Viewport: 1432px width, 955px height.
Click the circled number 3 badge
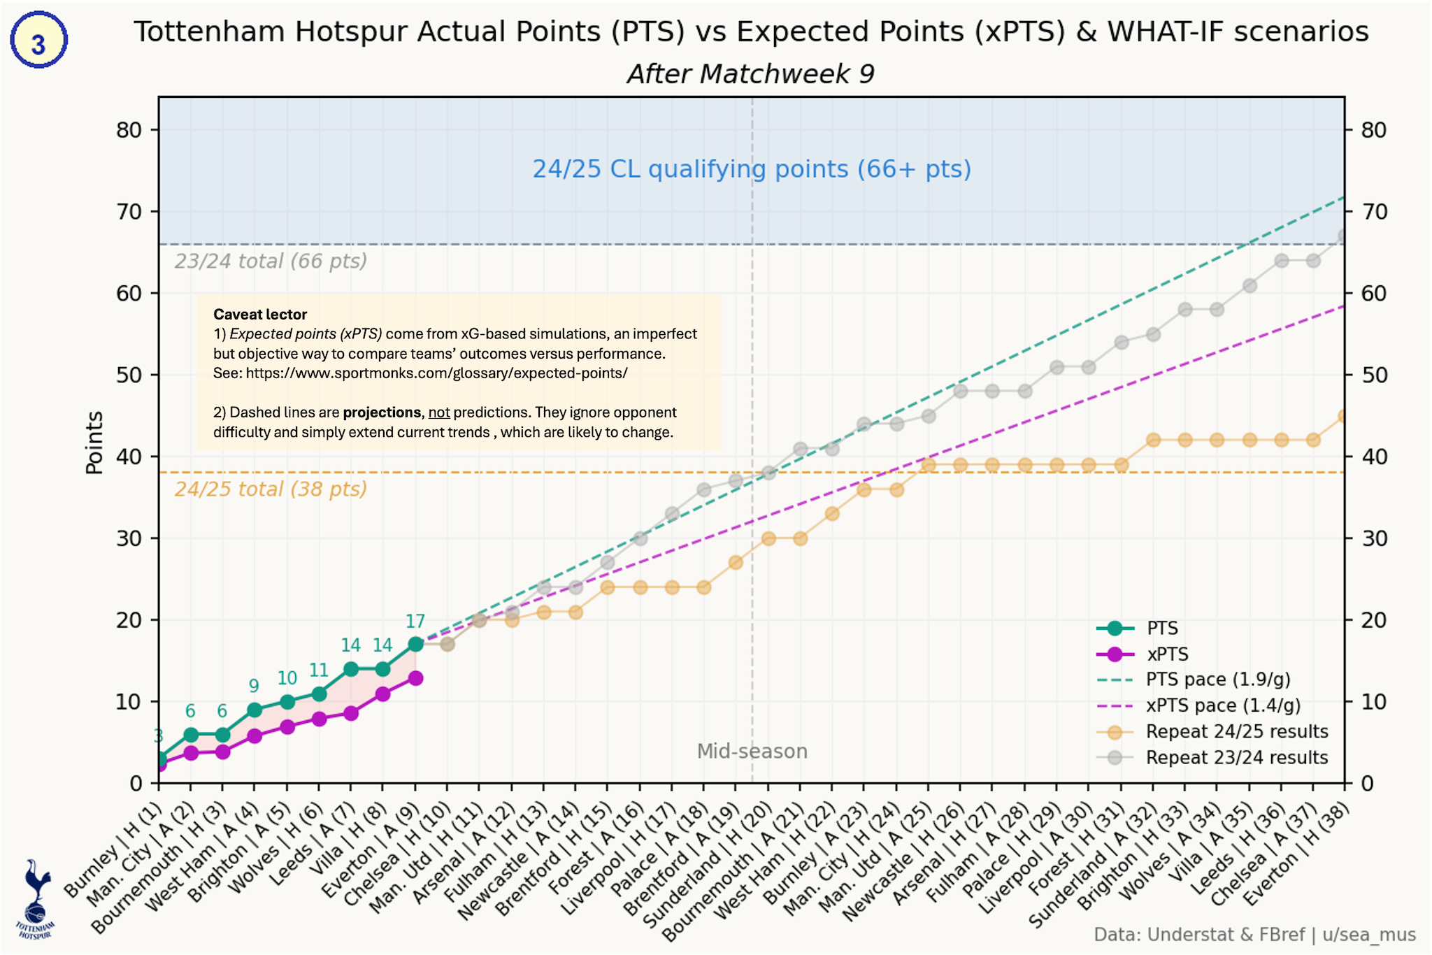point(38,41)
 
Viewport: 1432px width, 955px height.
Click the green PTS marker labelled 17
point(415,644)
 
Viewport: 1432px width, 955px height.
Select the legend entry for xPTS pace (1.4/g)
point(1222,705)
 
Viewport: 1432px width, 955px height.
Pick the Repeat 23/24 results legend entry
point(1236,758)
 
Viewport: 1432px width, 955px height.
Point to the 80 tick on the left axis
point(129,130)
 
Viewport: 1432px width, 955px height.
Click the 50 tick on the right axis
point(1373,375)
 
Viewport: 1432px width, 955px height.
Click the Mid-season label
point(752,752)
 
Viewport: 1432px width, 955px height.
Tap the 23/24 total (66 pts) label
point(271,261)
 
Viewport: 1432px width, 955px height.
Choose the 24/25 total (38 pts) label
point(271,489)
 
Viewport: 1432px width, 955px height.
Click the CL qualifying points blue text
point(752,169)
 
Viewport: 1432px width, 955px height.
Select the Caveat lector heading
point(260,315)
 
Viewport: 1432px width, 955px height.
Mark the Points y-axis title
point(94,443)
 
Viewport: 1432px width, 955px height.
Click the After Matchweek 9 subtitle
point(750,74)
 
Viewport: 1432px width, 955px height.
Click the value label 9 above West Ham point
point(254,687)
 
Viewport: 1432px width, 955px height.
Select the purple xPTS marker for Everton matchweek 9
point(415,678)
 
